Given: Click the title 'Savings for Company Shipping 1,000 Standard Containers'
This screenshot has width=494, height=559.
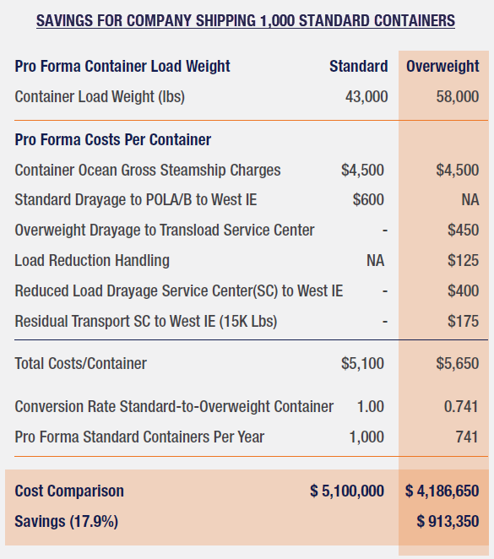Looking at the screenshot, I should pyautogui.click(x=246, y=20).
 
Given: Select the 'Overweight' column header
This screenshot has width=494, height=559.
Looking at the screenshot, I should pyautogui.click(x=442, y=67).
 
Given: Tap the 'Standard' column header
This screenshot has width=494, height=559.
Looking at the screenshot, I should pyautogui.click(x=359, y=67).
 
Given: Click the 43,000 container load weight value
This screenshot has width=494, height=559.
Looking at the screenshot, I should pyautogui.click(x=366, y=97).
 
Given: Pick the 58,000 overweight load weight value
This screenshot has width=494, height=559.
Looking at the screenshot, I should pyautogui.click(x=458, y=97).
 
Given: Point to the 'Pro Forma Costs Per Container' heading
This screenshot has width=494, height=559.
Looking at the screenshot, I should pyautogui.click(x=113, y=139).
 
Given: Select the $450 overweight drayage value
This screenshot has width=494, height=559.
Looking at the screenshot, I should pyautogui.click(x=463, y=231).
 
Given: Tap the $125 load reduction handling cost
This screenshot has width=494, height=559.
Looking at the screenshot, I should pyautogui.click(x=463, y=261).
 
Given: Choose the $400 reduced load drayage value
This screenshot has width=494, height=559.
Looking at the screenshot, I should pyautogui.click(x=463, y=291).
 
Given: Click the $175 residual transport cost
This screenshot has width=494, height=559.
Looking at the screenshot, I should pyautogui.click(x=463, y=322).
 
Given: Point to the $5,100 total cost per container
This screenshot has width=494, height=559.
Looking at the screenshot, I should pyautogui.click(x=362, y=364).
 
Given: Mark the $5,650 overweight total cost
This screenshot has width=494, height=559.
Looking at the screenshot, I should pyautogui.click(x=457, y=364).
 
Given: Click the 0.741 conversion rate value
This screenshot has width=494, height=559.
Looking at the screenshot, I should pyautogui.click(x=461, y=406).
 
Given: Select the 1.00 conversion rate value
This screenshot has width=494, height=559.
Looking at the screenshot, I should pyautogui.click(x=371, y=406).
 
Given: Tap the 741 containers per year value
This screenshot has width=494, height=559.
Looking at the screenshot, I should pyautogui.click(x=466, y=437).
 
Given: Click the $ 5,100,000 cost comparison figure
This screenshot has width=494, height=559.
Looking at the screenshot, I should pyautogui.click(x=347, y=491).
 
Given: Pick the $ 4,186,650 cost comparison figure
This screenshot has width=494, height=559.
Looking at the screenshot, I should pyautogui.click(x=442, y=491).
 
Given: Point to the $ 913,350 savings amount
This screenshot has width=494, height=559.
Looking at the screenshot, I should pyautogui.click(x=448, y=522).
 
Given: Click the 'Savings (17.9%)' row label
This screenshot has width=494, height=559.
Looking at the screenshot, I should pyautogui.click(x=67, y=522).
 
